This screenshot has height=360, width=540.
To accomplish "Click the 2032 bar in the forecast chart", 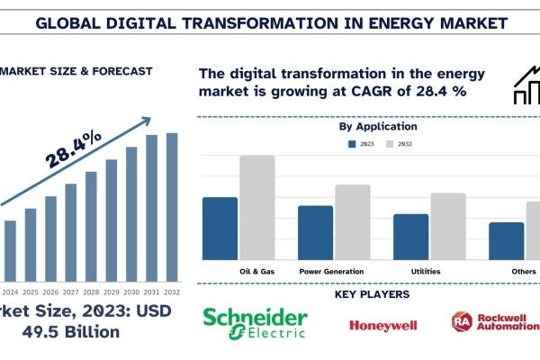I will pos(172,206).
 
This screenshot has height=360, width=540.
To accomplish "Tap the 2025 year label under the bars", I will pos(31,292).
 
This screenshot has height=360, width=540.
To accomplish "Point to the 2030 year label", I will pos(131,292).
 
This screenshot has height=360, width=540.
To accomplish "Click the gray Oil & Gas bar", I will pos(256,208).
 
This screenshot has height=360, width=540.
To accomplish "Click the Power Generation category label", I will pos(331,271).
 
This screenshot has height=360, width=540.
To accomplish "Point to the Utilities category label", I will pos(426,271).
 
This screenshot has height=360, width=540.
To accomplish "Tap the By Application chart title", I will pos(377,127).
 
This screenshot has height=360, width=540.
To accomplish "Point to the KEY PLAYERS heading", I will pos(372,294).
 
